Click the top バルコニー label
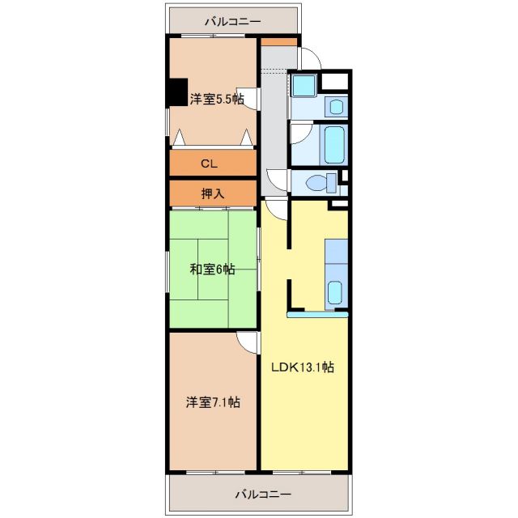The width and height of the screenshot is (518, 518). pos(232,20)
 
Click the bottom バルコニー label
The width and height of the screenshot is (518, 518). pos(264,493)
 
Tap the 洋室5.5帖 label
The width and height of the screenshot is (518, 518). pos(217,100)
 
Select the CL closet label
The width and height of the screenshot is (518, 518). pos(210,163)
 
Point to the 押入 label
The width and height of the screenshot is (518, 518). pos(213,193)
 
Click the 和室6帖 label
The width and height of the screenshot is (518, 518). pos(213,269)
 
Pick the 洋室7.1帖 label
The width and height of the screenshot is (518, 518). pos(212,402)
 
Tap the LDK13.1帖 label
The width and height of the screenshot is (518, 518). pos(303,367)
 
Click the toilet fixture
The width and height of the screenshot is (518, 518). pos(325,182)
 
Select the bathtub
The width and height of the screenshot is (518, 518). pos(334,144)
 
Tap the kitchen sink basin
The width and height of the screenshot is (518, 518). pos(335,292)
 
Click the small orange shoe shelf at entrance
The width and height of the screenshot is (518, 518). pos(279,41)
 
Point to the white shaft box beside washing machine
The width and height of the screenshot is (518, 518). pos(334,82)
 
